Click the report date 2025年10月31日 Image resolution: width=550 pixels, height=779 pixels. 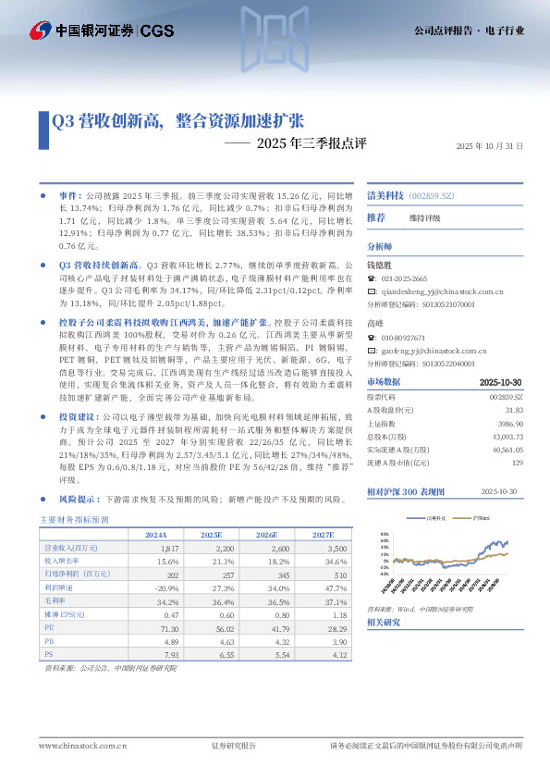(491, 147)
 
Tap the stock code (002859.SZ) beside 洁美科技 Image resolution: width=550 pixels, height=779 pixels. (434, 197)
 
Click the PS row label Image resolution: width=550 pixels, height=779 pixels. (49, 653)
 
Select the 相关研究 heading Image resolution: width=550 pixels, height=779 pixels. (384, 623)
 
